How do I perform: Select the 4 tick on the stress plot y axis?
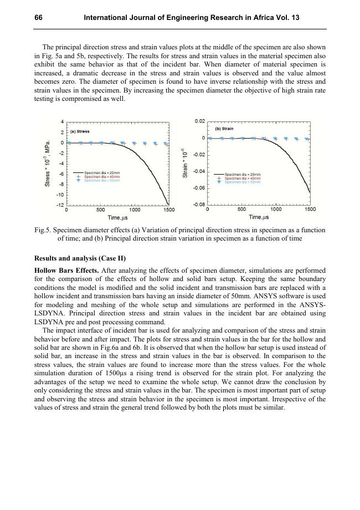[x=63, y=121]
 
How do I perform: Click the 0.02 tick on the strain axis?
[x=200, y=121]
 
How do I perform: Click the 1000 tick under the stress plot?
[x=135, y=210]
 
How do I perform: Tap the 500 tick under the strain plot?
[x=242, y=210]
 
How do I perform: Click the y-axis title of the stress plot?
[x=48, y=162]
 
